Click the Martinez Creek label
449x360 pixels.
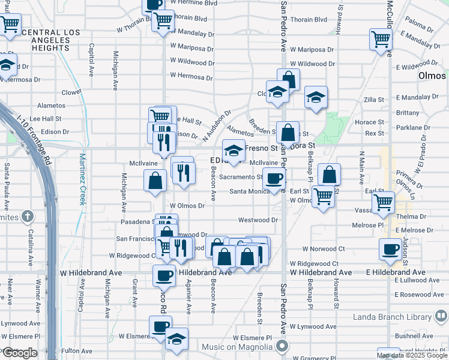[x=82, y=179]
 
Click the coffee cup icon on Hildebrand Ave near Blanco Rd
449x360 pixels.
[x=163, y=275]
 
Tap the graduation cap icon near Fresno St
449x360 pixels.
[x=234, y=149]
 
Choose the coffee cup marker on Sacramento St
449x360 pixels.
[x=274, y=178]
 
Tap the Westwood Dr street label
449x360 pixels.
[x=258, y=220]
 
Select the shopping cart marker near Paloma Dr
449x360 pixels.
[x=381, y=40]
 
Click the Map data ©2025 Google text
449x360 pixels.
[x=411, y=355]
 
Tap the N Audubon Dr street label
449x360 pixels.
[x=217, y=125]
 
